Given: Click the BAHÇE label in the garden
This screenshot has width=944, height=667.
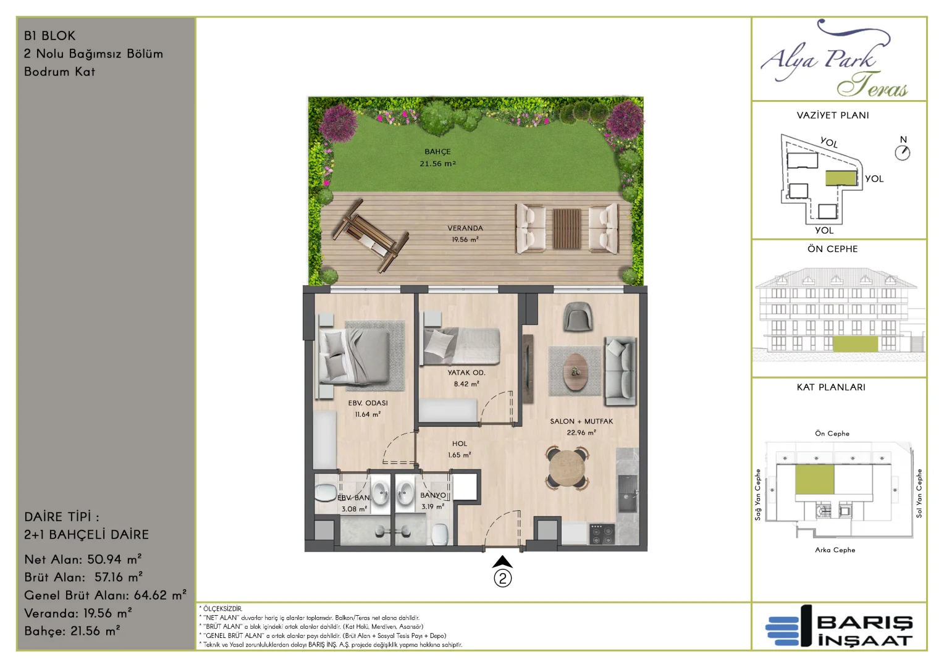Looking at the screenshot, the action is (x=437, y=152).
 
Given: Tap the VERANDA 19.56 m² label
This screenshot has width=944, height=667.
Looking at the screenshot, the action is (x=465, y=233).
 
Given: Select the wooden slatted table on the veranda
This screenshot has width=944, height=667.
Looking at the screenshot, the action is (x=567, y=229).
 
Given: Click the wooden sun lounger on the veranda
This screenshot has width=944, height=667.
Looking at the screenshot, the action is (x=371, y=235).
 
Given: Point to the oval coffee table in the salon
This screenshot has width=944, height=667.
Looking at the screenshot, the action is (x=575, y=372).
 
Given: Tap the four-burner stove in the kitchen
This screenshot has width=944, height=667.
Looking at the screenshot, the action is (x=602, y=534).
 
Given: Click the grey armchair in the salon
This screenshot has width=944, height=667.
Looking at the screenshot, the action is (x=578, y=316).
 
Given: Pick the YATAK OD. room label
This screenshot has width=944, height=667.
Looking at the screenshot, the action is (x=466, y=372).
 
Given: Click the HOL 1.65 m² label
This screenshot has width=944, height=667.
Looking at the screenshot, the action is (x=460, y=449).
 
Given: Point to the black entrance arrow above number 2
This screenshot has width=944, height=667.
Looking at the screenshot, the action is (x=502, y=561).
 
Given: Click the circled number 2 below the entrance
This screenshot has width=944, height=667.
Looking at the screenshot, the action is (x=503, y=579).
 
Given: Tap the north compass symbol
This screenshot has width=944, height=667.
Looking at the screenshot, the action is (x=902, y=153).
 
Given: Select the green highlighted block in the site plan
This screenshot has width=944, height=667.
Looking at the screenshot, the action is (x=841, y=178).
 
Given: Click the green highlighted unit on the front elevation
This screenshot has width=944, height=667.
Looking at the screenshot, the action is (x=856, y=344).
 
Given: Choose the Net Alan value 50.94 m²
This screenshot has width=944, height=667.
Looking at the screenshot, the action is (x=114, y=559).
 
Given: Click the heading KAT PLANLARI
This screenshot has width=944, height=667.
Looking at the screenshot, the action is (x=831, y=387).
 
